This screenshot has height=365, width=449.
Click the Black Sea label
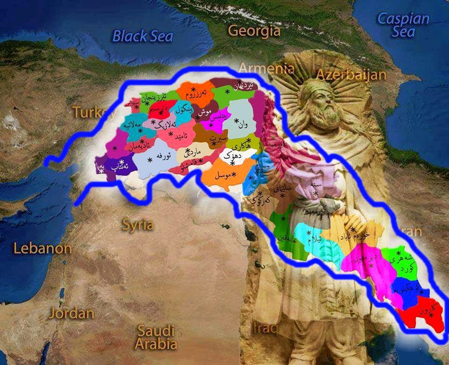pyautogui.click(x=143, y=36)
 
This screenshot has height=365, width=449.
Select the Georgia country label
pyautogui.click(x=254, y=31)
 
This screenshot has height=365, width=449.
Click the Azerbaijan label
pyautogui.click(x=351, y=74)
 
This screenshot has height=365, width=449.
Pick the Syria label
pyautogui.click(x=138, y=225)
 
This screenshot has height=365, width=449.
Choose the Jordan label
pyautogui.click(x=72, y=313)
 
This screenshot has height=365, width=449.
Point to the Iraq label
pyautogui.click(x=265, y=328)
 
